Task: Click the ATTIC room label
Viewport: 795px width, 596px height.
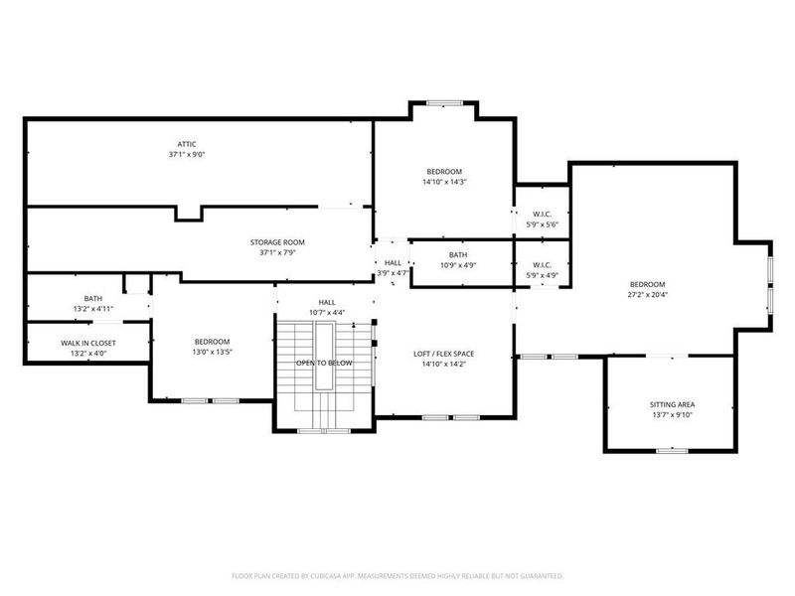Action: pyautogui.click(x=186, y=143)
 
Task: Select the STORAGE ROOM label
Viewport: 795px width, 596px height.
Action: pyautogui.click(x=276, y=241)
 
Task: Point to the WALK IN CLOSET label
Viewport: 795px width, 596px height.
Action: pyautogui.click(x=87, y=343)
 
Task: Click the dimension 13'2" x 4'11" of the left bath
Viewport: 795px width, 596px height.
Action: pyautogui.click(x=92, y=309)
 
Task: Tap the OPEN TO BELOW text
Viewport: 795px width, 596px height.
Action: pyautogui.click(x=324, y=364)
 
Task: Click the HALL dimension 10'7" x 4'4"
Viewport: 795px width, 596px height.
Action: pyautogui.click(x=327, y=313)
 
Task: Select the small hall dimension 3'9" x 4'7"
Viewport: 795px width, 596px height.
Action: pyautogui.click(x=393, y=272)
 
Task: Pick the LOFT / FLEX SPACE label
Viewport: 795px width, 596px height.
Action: pyautogui.click(x=444, y=353)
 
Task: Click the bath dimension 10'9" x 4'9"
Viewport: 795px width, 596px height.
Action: pyautogui.click(x=458, y=265)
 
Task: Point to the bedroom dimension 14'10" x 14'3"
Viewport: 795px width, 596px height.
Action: pyautogui.click(x=444, y=182)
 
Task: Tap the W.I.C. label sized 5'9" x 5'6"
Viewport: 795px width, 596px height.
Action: pyautogui.click(x=542, y=214)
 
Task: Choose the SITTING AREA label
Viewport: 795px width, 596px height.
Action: pyautogui.click(x=672, y=404)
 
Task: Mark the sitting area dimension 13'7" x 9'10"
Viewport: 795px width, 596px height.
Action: pyautogui.click(x=672, y=415)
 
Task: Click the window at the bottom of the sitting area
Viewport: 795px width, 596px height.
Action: pyautogui.click(x=672, y=450)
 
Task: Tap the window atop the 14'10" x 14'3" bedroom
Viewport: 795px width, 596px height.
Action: pyautogui.click(x=443, y=102)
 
